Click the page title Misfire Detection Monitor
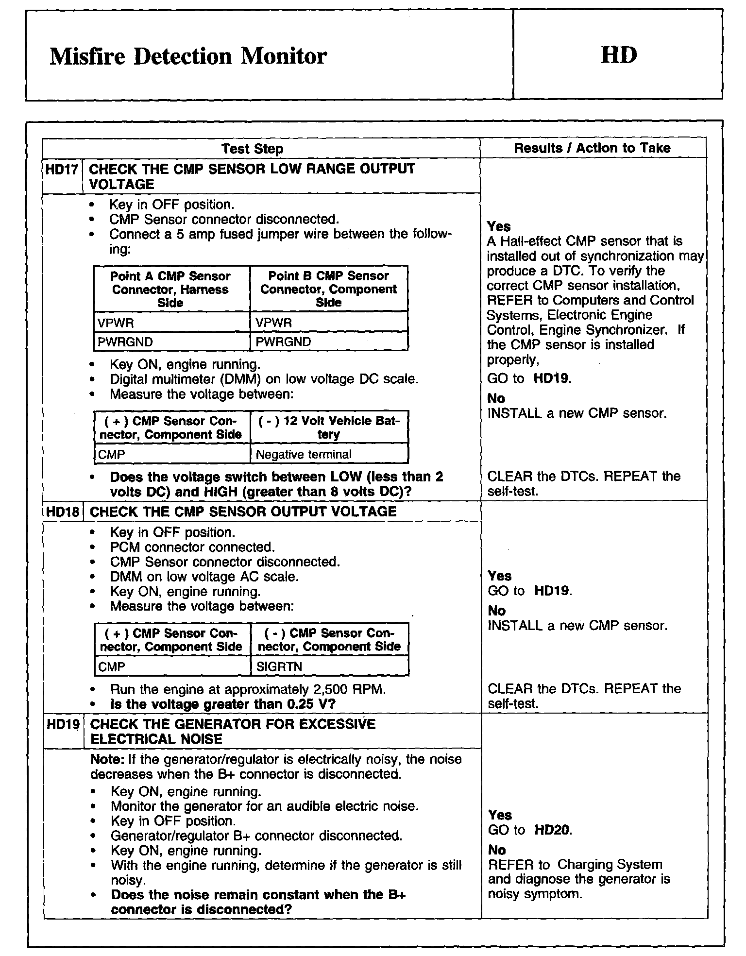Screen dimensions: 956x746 188,56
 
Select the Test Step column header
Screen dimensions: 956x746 252,149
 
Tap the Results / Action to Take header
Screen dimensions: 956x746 592,148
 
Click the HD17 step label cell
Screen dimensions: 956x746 63,170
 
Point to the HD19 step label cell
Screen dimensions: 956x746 63,724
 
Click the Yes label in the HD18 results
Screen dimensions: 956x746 500,576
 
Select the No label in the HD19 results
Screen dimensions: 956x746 497,850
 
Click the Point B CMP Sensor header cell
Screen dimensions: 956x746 329,289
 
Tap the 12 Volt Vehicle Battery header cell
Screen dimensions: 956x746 329,427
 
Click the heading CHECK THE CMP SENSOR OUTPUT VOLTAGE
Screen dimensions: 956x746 243,512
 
